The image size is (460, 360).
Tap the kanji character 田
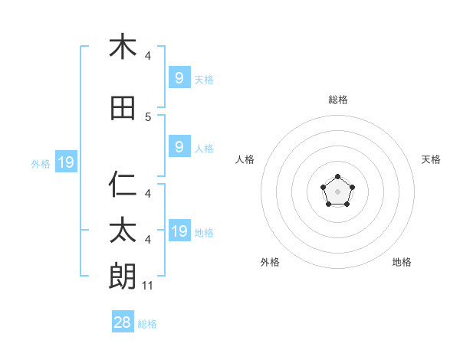(123, 108)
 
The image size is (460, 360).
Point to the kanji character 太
(123, 231)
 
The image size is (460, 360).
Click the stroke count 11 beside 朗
(148, 286)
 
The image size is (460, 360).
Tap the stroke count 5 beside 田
(148, 117)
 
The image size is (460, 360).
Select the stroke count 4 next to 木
(148, 56)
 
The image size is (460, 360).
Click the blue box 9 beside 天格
(179, 77)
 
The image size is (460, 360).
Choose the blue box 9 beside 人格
(179, 147)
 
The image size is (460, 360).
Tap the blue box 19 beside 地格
(179, 231)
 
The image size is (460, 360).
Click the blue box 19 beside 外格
(65, 162)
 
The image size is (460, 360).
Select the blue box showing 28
(123, 322)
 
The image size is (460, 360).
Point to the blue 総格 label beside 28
(147, 324)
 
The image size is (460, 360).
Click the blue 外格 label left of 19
(41, 163)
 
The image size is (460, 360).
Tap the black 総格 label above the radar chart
(337, 100)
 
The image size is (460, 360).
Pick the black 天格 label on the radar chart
(431, 159)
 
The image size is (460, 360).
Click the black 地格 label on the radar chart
(402, 262)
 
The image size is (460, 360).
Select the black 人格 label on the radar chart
(245, 159)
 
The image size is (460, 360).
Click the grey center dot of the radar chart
(337, 191)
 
